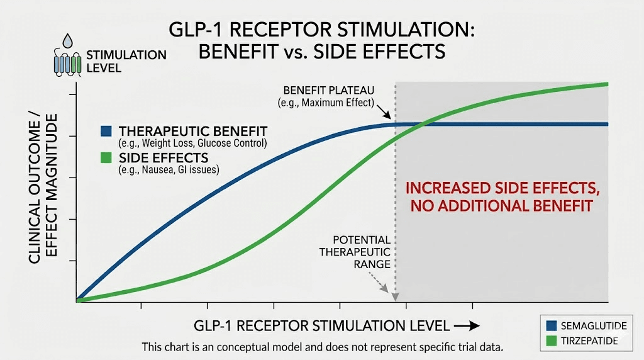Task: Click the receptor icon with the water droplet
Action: (67, 59)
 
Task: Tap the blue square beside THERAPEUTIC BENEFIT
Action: (107, 132)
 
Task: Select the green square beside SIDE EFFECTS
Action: (107, 157)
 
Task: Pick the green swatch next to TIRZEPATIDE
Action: (552, 340)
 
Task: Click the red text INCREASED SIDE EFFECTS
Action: (499, 188)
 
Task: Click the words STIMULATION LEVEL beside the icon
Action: (126, 60)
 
